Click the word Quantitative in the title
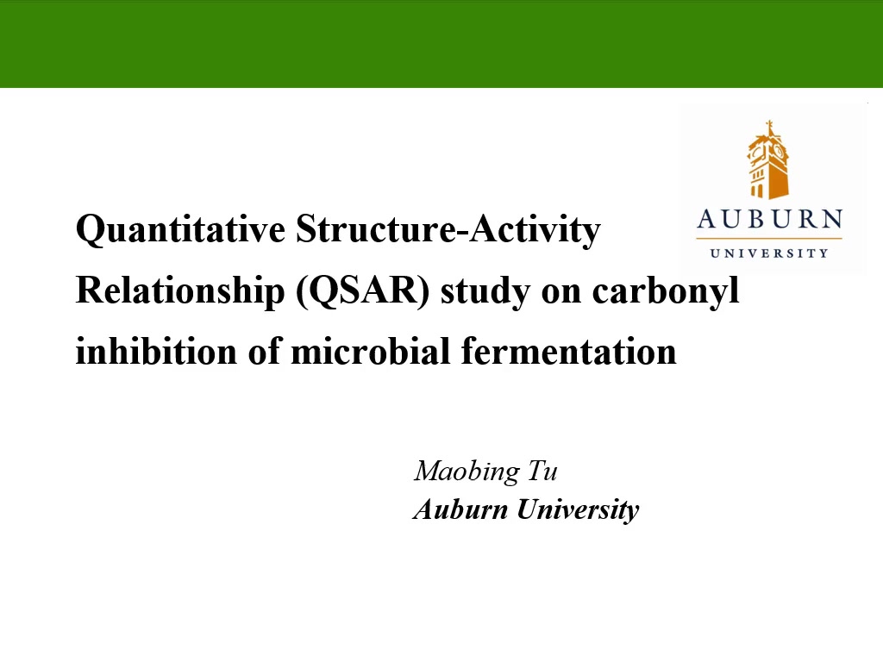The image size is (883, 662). (180, 229)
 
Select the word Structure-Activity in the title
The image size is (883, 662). (448, 229)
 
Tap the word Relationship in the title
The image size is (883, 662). (180, 291)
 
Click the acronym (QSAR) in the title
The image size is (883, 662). (363, 291)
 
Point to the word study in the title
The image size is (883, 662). (485, 291)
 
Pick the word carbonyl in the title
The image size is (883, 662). (666, 291)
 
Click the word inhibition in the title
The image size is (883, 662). (157, 352)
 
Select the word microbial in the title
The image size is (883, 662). (371, 352)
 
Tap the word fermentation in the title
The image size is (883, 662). (569, 352)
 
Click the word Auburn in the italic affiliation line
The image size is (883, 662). (460, 509)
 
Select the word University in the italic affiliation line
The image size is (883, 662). (578, 510)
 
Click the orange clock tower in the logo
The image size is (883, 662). (768, 159)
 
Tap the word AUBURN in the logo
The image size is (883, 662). (770, 219)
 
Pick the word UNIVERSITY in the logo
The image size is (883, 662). (769, 253)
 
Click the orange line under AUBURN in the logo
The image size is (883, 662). (769, 239)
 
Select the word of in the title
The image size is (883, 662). (264, 352)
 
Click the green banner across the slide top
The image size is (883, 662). (441, 44)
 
